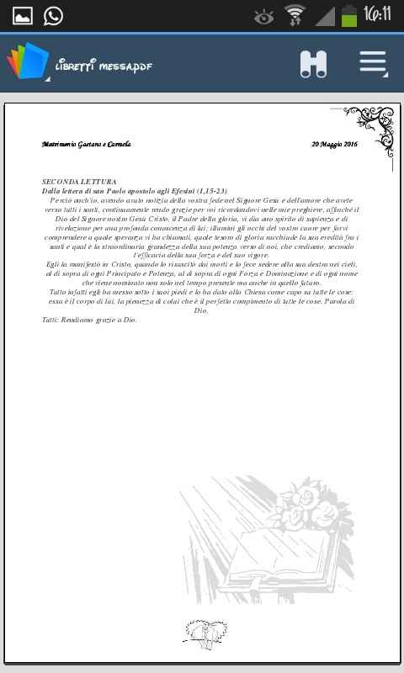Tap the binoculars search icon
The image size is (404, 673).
point(313,64)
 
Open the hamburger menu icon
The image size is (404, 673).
point(373,63)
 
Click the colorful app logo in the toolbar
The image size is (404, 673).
point(27,62)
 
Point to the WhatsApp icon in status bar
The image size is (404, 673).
point(53,15)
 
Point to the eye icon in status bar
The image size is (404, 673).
point(263,15)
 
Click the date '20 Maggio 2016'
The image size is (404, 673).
point(334,144)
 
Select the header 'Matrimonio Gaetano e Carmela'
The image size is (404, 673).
point(86,144)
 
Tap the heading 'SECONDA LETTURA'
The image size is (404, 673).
point(79,182)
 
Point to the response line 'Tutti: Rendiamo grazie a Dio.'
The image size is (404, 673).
point(89,320)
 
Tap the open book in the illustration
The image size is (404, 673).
point(269,555)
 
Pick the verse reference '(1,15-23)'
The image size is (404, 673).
point(210,191)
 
